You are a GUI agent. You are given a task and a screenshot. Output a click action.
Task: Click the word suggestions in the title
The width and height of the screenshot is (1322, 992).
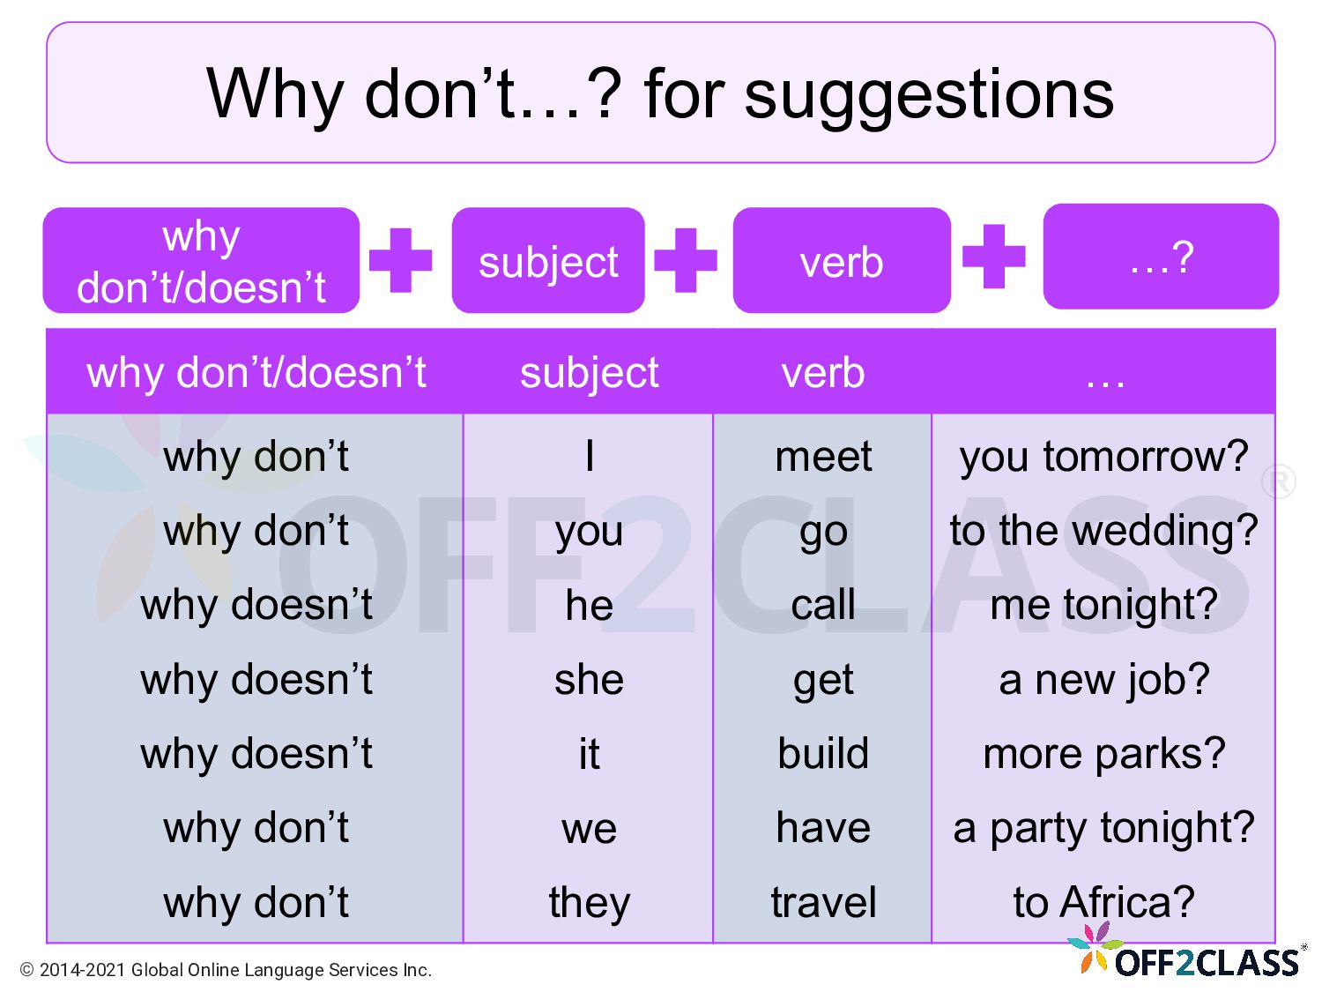point(929,95)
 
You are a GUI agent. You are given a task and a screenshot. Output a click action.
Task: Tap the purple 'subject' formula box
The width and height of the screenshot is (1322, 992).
point(548,261)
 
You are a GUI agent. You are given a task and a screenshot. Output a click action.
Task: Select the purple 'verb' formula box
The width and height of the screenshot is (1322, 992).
point(842,261)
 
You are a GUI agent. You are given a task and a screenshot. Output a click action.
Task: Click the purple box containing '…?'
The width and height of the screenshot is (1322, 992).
point(1161,257)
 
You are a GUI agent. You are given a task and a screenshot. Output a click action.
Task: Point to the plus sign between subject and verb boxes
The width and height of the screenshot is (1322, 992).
point(686,260)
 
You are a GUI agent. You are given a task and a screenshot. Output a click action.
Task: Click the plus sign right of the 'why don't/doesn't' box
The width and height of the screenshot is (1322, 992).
point(401,260)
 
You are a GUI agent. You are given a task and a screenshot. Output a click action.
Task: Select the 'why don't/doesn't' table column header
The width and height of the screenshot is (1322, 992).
point(256,372)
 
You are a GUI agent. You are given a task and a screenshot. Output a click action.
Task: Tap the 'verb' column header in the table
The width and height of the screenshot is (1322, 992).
point(823,372)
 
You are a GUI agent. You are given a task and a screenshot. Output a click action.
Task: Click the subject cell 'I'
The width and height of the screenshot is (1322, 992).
point(589,457)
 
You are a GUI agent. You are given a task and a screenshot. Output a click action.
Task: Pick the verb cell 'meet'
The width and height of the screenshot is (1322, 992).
point(823,457)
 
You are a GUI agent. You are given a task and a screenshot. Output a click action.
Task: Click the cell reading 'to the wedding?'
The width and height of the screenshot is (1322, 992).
point(1103,531)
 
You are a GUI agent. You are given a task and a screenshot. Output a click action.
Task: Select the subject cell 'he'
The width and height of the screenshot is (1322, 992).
point(589,606)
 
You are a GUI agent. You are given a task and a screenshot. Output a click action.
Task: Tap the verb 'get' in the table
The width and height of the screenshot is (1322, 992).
point(823,680)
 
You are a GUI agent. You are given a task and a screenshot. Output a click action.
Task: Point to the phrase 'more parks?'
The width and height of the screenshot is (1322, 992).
point(1103,754)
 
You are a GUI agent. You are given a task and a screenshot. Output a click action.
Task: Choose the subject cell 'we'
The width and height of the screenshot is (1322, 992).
point(589,829)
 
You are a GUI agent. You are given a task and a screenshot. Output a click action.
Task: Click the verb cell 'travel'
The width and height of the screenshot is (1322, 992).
point(823,903)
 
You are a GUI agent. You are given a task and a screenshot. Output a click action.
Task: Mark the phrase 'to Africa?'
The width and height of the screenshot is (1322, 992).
point(1103,903)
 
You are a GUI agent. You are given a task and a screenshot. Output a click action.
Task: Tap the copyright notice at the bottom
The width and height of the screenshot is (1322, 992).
point(226,970)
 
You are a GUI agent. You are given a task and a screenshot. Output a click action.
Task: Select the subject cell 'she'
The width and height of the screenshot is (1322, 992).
point(589,680)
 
